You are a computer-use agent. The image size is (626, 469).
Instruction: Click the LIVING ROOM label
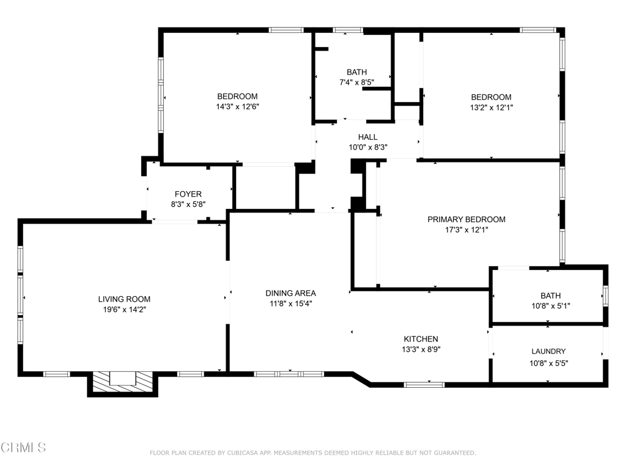(x=124, y=299)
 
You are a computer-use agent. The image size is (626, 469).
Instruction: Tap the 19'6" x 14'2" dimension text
(x=124, y=310)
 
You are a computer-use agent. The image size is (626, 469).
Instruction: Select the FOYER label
(x=188, y=194)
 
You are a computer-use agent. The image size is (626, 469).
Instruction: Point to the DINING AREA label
(x=290, y=293)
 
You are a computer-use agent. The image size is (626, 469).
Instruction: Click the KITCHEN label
(x=421, y=339)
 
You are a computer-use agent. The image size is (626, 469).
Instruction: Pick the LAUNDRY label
(x=548, y=351)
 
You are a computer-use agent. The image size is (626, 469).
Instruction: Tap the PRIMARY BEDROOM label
(x=466, y=219)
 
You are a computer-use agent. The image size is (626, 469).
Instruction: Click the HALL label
(x=367, y=137)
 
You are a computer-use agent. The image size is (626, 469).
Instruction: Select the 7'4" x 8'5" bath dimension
(x=356, y=82)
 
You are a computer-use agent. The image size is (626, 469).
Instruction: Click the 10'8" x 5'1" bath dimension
(x=550, y=306)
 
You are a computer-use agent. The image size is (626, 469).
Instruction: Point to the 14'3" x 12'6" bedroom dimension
(x=238, y=106)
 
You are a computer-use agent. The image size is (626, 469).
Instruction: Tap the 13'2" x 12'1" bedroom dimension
(x=491, y=107)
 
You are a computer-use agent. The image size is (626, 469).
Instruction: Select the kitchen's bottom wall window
(x=424, y=385)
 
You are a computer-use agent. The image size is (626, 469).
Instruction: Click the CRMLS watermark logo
(x=23, y=448)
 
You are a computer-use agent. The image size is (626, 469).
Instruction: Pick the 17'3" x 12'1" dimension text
(x=466, y=230)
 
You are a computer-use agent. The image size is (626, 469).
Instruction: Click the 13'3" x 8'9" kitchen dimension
(x=421, y=349)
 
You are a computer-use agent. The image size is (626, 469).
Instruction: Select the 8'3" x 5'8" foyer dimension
(x=188, y=205)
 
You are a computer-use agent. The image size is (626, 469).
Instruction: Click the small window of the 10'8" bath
(x=606, y=296)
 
